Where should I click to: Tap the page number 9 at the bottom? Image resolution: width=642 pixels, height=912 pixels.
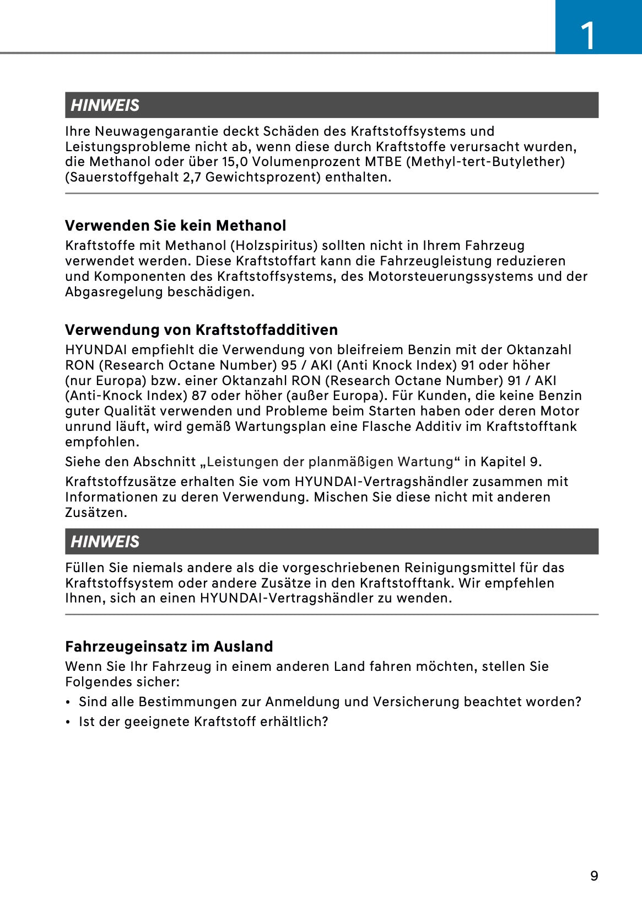[x=594, y=876]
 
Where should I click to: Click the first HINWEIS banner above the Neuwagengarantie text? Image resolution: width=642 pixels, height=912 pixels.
[x=331, y=105]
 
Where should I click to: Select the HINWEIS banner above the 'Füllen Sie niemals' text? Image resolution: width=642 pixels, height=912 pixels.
[x=331, y=541]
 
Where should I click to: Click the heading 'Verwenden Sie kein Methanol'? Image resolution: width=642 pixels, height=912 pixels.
[x=175, y=226]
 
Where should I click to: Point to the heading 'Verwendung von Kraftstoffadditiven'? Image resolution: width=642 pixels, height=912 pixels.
[x=201, y=330]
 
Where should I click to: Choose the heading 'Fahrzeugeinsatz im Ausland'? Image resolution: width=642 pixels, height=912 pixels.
[x=169, y=647]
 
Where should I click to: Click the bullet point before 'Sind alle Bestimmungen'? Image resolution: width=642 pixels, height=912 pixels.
[x=68, y=702]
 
